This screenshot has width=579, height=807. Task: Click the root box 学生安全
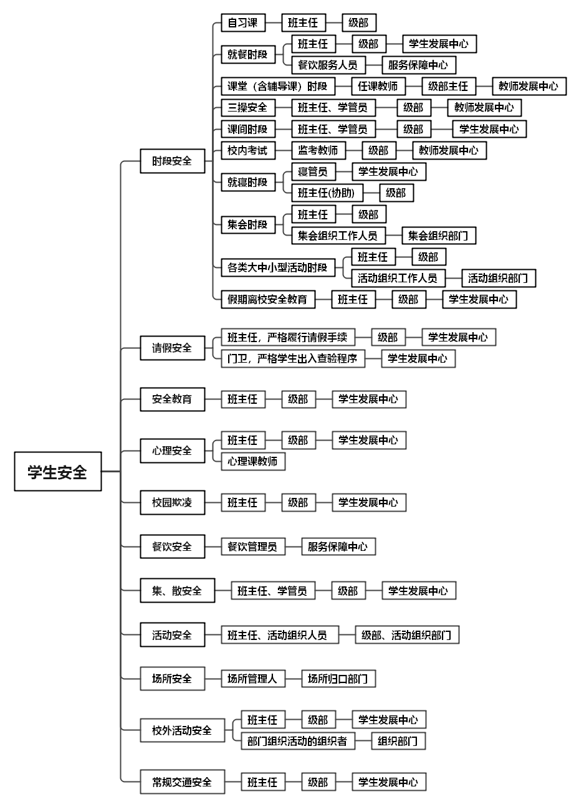[x=58, y=471]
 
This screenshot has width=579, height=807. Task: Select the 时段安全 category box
[x=172, y=161]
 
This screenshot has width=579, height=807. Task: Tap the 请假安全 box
[x=172, y=348]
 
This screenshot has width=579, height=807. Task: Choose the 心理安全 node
[x=172, y=451]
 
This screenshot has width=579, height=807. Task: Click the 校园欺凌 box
[x=172, y=502]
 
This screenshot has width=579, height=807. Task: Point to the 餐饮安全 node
[x=172, y=547]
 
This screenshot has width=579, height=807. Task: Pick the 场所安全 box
[x=172, y=679]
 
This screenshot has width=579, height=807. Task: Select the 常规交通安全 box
[x=182, y=782]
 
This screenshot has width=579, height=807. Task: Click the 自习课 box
[x=242, y=23]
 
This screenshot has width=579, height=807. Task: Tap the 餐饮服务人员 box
[x=327, y=65]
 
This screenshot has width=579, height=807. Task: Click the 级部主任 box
[x=447, y=86]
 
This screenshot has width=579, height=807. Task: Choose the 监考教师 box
[x=318, y=150]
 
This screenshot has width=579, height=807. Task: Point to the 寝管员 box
[x=313, y=171]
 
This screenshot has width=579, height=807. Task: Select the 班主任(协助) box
[x=327, y=193]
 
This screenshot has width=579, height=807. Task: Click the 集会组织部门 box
[x=438, y=236]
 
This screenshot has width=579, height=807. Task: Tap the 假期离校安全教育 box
[x=267, y=299]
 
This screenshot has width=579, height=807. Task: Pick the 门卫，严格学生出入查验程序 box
[x=292, y=358]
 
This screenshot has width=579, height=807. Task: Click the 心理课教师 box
[x=252, y=461]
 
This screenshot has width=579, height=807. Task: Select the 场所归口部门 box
[x=338, y=679]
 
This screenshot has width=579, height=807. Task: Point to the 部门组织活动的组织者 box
[x=297, y=741]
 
